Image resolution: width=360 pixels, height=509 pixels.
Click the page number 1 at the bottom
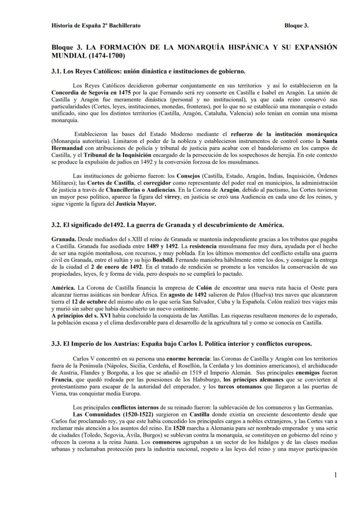coord(336,475)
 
